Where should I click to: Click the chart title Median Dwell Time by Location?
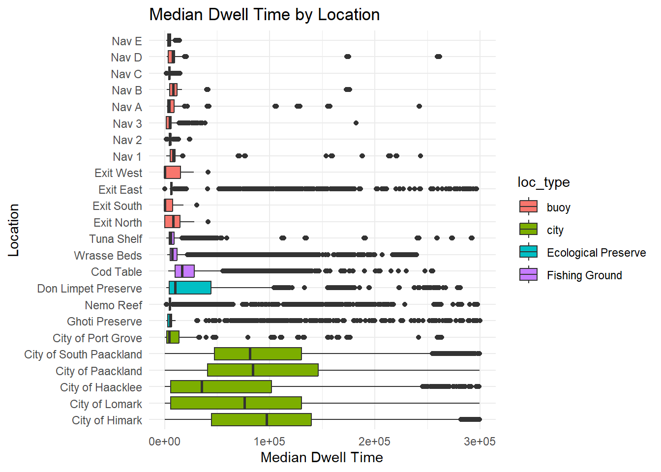[x=264, y=15]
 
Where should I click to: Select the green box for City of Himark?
[x=261, y=419]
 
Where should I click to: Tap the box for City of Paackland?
[x=263, y=370]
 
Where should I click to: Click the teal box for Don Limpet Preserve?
[x=190, y=288]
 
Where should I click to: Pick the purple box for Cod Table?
[x=185, y=271]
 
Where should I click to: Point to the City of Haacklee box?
[x=221, y=386]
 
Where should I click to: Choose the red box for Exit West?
[x=173, y=172]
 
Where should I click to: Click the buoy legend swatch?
[x=529, y=206]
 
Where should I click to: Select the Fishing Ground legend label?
[x=584, y=275]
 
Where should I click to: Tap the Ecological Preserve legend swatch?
[x=529, y=252]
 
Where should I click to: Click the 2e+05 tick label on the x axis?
[x=374, y=442]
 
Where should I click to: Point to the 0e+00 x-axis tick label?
[x=164, y=442]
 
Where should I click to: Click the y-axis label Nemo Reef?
[x=113, y=305]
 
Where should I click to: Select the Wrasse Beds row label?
[x=108, y=256]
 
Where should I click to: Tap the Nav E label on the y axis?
[x=126, y=41]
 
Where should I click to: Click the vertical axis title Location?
[x=14, y=230]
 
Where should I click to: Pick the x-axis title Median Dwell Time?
[x=322, y=457]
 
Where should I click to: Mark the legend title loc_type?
[x=543, y=182]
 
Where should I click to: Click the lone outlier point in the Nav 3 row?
[x=356, y=123]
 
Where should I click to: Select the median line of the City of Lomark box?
[x=245, y=403]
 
